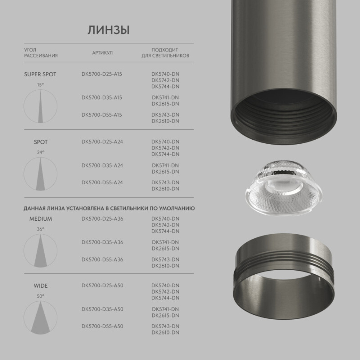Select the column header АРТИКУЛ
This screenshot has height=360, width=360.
pyautogui.click(x=102, y=53)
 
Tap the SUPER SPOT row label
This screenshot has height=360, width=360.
pyautogui.click(x=40, y=75)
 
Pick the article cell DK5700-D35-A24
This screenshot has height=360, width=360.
pyautogui.click(x=102, y=166)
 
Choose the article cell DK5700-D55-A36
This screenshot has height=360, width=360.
pyautogui.click(x=102, y=260)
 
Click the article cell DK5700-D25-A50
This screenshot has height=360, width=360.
pyautogui.click(x=102, y=286)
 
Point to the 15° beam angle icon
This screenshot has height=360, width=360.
pyautogui.click(x=40, y=106)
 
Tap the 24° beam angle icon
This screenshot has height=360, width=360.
pyautogui.click(x=40, y=174)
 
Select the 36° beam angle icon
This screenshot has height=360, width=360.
pyautogui.click(x=40, y=250)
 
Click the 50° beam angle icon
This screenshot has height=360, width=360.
pyautogui.click(x=40, y=317)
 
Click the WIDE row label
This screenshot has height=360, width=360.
pyautogui.click(x=41, y=286)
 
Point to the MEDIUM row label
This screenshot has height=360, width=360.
pyautogui.click(x=41, y=219)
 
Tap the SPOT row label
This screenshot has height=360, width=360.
pyautogui.click(x=41, y=142)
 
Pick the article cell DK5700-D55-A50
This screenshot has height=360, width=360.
pyautogui.click(x=102, y=327)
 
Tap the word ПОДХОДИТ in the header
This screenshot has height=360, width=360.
pyautogui.click(x=165, y=50)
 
